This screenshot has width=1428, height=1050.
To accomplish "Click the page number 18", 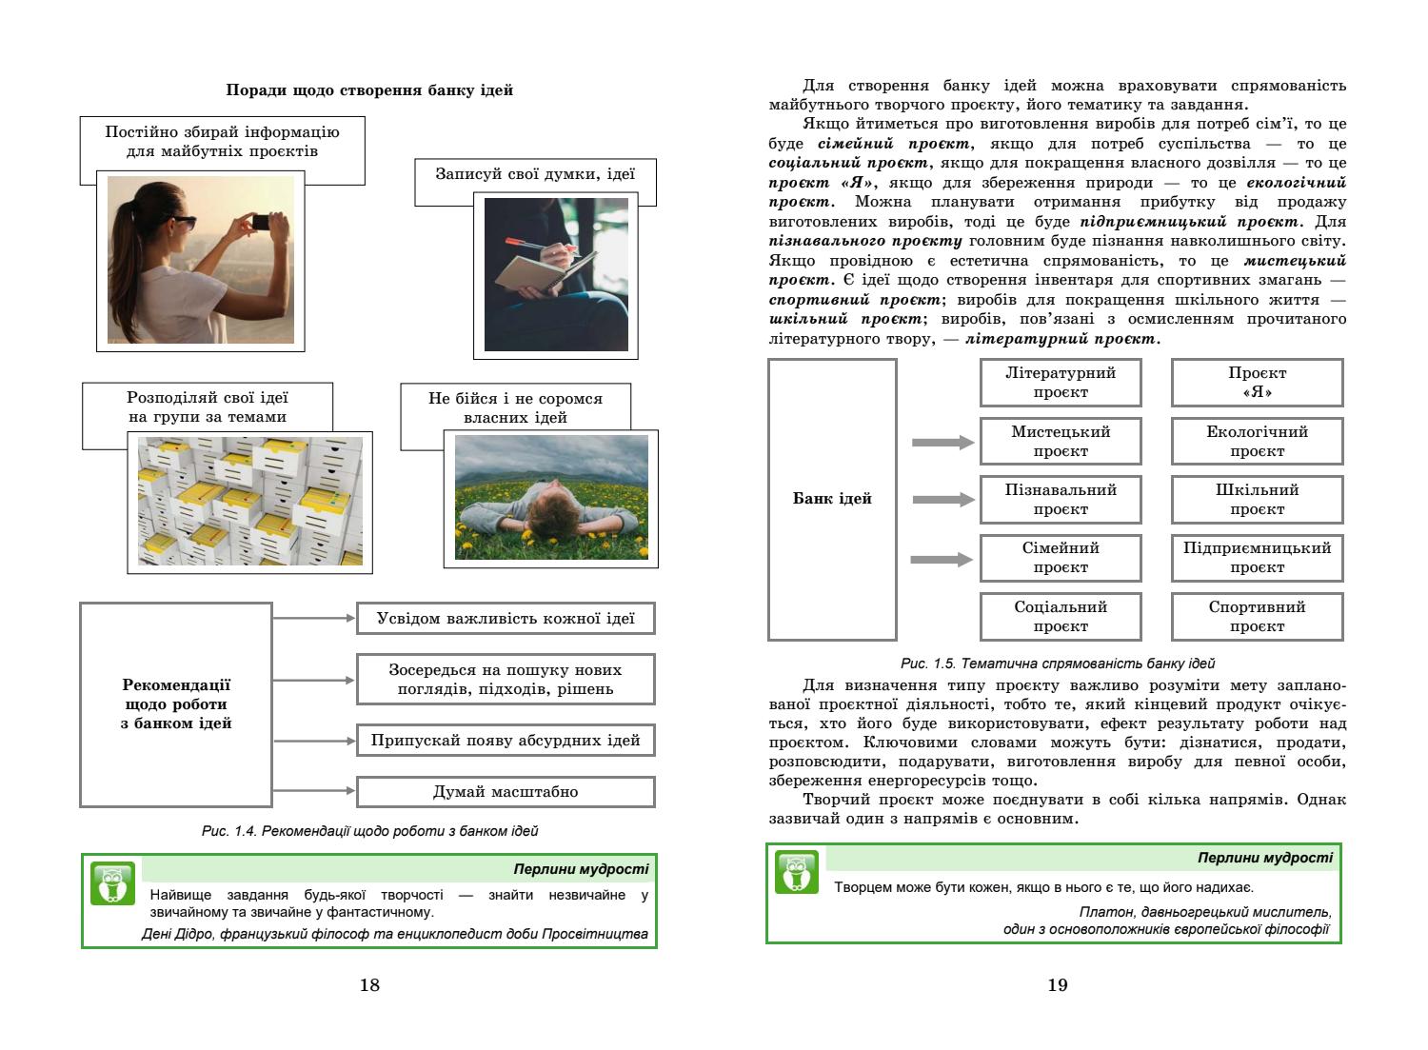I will point(369,985).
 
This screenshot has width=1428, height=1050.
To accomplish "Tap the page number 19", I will point(1058,985).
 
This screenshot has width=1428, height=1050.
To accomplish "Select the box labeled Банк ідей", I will point(832,499).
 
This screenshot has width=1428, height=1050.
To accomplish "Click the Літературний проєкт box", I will point(1061,383).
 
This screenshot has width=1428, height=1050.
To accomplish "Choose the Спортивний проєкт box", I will point(1257,617).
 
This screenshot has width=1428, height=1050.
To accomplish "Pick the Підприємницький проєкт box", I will point(1257,558).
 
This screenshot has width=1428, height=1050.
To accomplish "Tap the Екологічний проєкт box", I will point(1257,442).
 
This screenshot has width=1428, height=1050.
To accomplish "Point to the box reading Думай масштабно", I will point(506,792).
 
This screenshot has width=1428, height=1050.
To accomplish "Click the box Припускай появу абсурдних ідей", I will point(506,741).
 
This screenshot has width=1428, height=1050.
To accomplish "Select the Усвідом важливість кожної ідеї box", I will point(506,619).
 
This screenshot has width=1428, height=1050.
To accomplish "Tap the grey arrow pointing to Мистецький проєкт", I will point(942,443).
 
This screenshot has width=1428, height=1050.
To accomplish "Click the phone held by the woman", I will point(260,221).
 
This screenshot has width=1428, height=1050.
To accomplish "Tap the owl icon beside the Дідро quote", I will point(112,883).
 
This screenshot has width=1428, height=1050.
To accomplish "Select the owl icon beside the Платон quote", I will point(797,872).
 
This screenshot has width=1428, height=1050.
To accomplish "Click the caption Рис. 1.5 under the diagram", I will point(1057,664).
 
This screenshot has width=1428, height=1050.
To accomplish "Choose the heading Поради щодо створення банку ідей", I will point(369,90).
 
